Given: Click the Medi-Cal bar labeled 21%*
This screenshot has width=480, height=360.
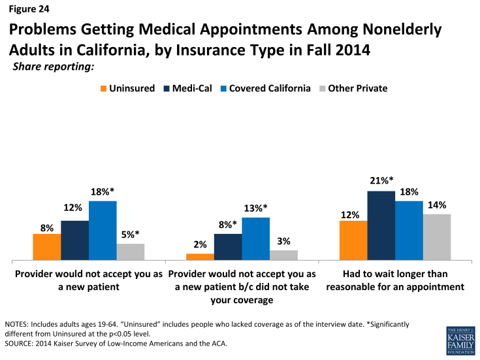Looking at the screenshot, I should click(x=381, y=226).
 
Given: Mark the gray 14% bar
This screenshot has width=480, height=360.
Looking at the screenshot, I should click(x=437, y=237).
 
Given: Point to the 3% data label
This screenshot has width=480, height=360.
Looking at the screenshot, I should click(x=283, y=241).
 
